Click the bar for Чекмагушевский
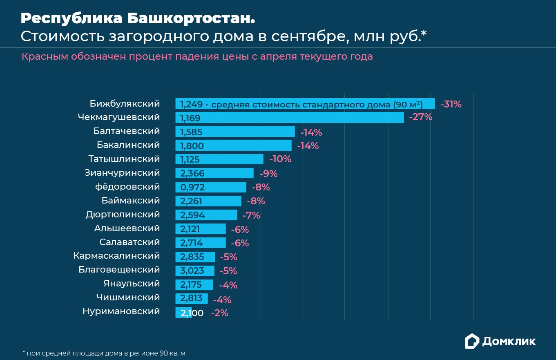(x=289, y=118)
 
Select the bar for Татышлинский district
(x=219, y=159)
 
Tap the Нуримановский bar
(x=183, y=313)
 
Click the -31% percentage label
(x=451, y=104)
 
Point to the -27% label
(x=422, y=117)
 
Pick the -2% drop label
(x=219, y=313)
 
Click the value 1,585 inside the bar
(x=191, y=132)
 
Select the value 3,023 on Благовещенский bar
(x=192, y=271)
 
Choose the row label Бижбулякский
(x=125, y=104)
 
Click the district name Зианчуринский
(x=122, y=173)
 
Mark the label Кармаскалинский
(x=116, y=256)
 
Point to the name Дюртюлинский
(x=123, y=215)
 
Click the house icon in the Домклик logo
(x=472, y=341)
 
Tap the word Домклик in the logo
(x=509, y=342)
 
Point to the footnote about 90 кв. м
(x=106, y=353)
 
